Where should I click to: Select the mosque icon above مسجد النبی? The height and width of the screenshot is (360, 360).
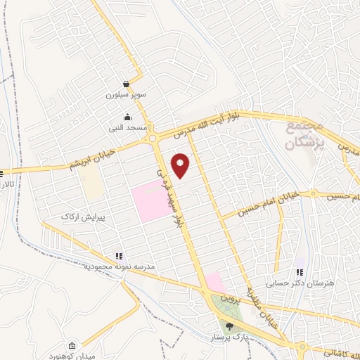click(x=127, y=117)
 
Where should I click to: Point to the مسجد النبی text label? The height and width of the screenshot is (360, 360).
click(x=129, y=128)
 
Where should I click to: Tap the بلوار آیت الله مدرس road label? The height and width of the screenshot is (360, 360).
click(x=212, y=121)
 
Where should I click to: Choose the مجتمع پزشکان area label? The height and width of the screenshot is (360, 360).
click(x=304, y=135)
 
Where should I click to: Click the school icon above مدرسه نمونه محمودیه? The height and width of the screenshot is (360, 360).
click(x=119, y=257)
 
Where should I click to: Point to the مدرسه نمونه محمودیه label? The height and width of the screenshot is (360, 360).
click(x=120, y=268)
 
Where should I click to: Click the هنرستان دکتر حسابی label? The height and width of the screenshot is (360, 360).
click(x=289, y=285)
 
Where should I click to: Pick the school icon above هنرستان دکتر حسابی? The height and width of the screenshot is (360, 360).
click(x=300, y=273)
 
